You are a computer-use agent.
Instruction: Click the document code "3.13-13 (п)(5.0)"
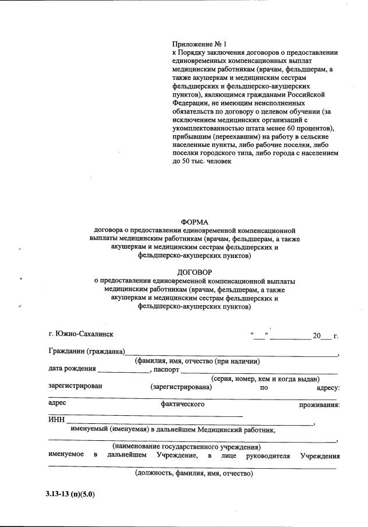click(x=70, y=494)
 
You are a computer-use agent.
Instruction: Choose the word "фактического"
click(x=182, y=404)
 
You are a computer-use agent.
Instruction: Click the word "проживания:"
click(x=320, y=404)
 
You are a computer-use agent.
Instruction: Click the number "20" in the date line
click(x=317, y=336)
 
